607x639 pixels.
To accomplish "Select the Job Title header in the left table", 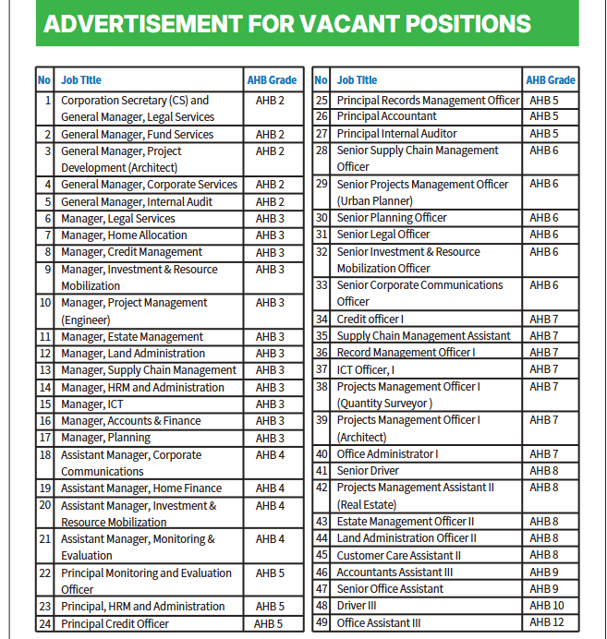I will tap(82, 80).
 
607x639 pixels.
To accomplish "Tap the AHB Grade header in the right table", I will tap(551, 80).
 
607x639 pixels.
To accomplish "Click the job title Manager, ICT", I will tap(92, 404).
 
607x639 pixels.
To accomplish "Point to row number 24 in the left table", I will tap(44, 624).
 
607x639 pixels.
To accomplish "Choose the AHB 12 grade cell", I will tap(545, 623).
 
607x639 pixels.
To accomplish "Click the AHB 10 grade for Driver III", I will tap(545, 606).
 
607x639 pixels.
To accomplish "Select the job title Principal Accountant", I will tap(386, 116).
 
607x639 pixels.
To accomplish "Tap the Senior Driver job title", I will tap(368, 471).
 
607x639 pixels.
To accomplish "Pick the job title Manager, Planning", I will tap(105, 438).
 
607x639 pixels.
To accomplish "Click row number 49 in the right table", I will tap(322, 623).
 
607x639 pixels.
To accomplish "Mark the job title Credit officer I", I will tap(370, 319).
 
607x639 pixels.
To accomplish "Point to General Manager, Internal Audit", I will tap(137, 201).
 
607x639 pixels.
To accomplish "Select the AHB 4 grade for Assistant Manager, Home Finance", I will tap(270, 488).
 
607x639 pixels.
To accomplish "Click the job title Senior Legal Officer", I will tap(384, 235).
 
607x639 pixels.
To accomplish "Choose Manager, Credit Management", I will tap(131, 252).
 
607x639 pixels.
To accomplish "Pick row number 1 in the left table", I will tap(47, 101).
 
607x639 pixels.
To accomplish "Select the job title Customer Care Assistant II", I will tap(398, 556).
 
